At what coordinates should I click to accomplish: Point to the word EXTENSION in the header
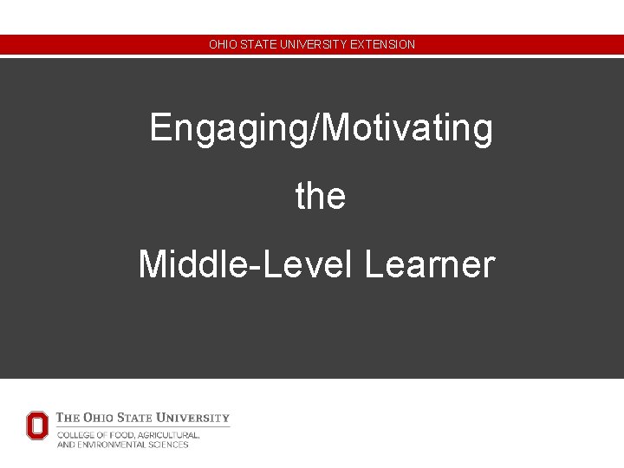383,44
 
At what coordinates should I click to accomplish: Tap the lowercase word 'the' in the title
321,196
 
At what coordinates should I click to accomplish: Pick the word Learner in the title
430,263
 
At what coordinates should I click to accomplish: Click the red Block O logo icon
37,426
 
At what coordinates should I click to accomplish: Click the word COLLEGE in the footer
76,435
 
